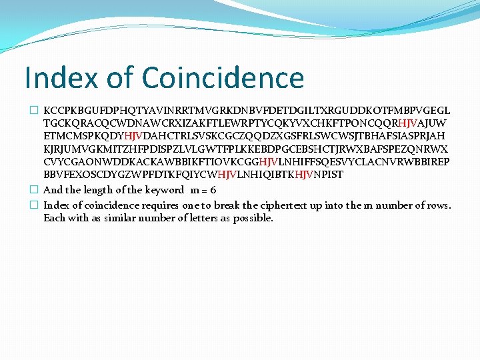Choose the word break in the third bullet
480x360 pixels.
249,205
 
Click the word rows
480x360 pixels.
438,205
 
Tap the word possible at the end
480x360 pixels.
251,218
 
